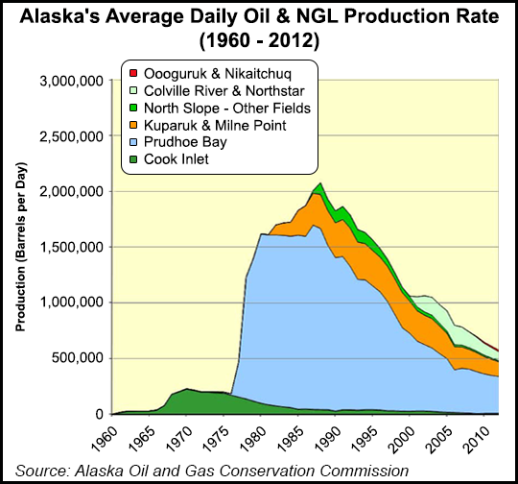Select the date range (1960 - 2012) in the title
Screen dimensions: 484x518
coord(258,42)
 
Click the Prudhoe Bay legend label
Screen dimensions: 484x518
coord(187,143)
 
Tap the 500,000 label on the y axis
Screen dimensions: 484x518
coord(77,358)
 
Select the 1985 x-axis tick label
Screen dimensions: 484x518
coord(295,438)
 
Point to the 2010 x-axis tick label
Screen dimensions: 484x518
coord(483,438)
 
